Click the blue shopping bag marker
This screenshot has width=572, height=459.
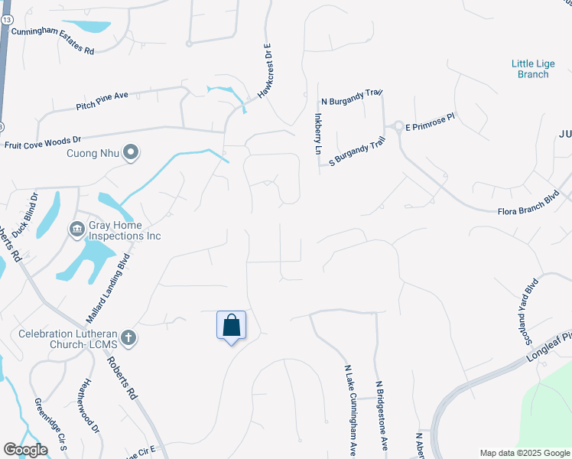click(x=231, y=326)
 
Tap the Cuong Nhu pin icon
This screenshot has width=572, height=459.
click(x=131, y=153)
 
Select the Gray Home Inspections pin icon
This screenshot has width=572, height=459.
click(x=76, y=229)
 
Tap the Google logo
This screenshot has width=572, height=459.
click(x=25, y=450)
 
